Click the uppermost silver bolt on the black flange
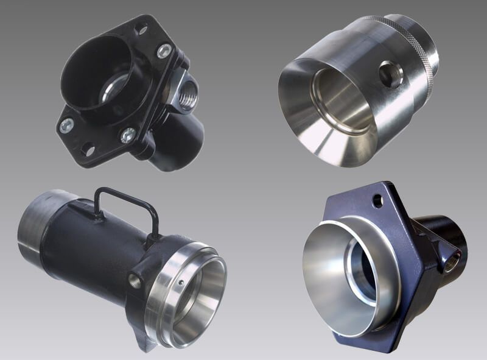164,51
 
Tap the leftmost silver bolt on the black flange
66,125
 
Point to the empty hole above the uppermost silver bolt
141,28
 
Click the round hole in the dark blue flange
378,199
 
